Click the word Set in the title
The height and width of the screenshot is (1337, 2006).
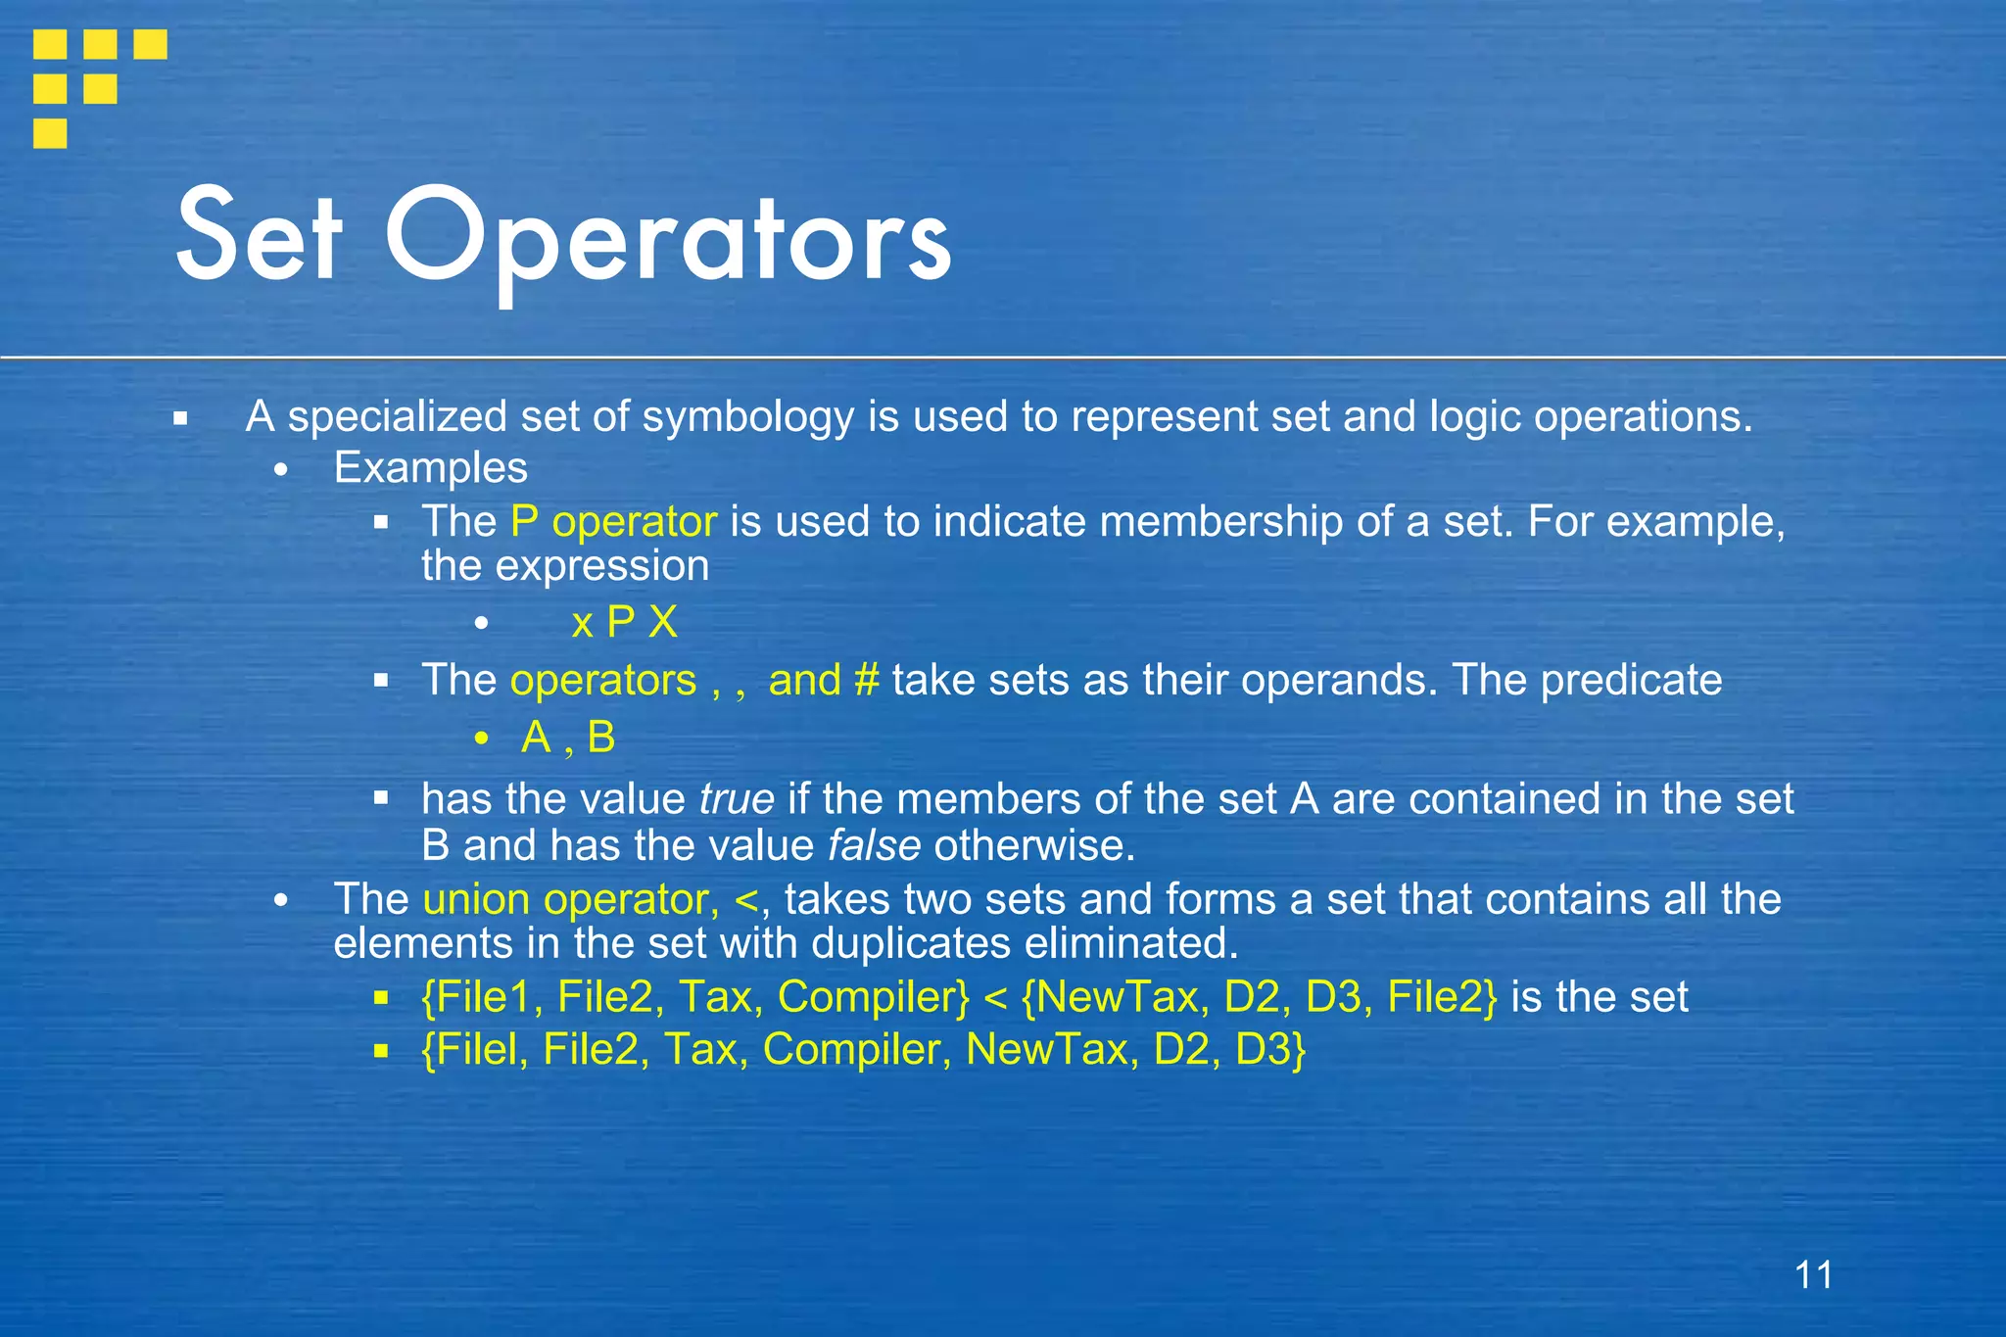(x=260, y=235)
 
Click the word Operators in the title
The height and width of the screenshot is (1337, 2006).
(x=668, y=240)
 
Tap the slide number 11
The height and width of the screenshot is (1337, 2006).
(x=1813, y=1275)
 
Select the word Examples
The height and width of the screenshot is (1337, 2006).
(x=430, y=468)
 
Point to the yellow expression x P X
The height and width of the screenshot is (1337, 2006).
(x=624, y=623)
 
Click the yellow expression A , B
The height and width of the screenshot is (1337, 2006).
(x=568, y=738)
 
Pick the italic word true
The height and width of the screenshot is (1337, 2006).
(x=736, y=799)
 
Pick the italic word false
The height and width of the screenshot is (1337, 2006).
(x=874, y=845)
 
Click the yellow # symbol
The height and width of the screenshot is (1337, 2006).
(x=866, y=680)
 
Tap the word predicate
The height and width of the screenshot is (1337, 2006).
(x=1631, y=680)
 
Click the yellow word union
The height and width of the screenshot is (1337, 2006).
(x=477, y=899)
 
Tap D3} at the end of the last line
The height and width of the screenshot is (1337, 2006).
(x=1270, y=1049)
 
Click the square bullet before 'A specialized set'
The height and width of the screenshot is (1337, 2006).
(x=180, y=419)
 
